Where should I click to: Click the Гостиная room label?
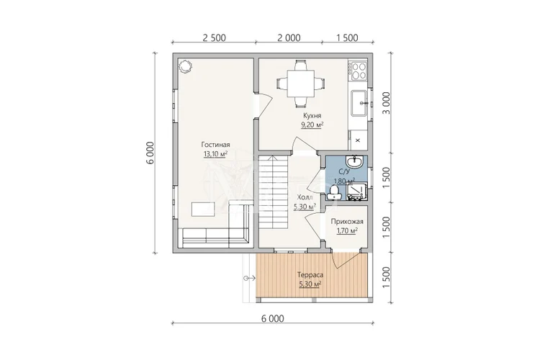point(215,145)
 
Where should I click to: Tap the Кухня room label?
point(312,116)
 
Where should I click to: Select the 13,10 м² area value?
point(215,154)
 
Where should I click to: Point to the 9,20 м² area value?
point(312,125)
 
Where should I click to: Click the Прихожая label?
point(347,222)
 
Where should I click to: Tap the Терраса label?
point(310,275)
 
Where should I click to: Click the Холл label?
point(305,198)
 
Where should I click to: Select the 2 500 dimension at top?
point(215,37)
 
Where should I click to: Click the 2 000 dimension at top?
point(289,37)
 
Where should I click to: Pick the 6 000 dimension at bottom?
point(273,318)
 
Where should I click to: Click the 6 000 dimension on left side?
point(150,153)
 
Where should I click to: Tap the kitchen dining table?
point(301,84)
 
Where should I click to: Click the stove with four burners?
point(358,71)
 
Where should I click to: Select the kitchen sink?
point(359,103)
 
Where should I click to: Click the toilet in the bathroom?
point(333,192)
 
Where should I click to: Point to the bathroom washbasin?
point(354,161)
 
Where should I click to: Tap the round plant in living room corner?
point(185,66)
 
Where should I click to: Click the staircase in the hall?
point(273,192)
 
